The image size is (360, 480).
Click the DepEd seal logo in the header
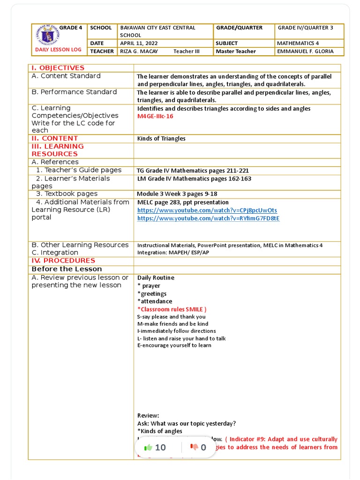click(x=45, y=36)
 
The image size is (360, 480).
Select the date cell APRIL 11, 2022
click(x=139, y=43)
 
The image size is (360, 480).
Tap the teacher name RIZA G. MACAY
click(x=139, y=51)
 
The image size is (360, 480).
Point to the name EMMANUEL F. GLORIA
click(x=305, y=51)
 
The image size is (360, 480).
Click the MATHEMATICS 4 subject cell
click(x=298, y=43)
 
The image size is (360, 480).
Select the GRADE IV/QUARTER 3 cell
click(x=305, y=28)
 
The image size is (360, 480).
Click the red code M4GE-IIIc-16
click(x=155, y=116)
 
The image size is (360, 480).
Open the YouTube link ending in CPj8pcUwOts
click(x=207, y=210)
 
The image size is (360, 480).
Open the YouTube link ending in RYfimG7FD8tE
click(x=208, y=218)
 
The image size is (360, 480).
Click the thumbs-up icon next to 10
click(x=149, y=448)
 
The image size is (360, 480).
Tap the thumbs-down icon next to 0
click(x=194, y=448)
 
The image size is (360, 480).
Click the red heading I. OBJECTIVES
click(x=58, y=68)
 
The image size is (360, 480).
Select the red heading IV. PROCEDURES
click(x=63, y=261)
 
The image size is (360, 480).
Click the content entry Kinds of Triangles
click(x=161, y=138)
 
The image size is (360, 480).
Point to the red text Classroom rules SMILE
click(x=172, y=309)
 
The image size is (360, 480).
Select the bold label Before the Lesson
click(x=67, y=269)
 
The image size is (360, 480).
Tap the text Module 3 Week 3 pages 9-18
click(x=177, y=194)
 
